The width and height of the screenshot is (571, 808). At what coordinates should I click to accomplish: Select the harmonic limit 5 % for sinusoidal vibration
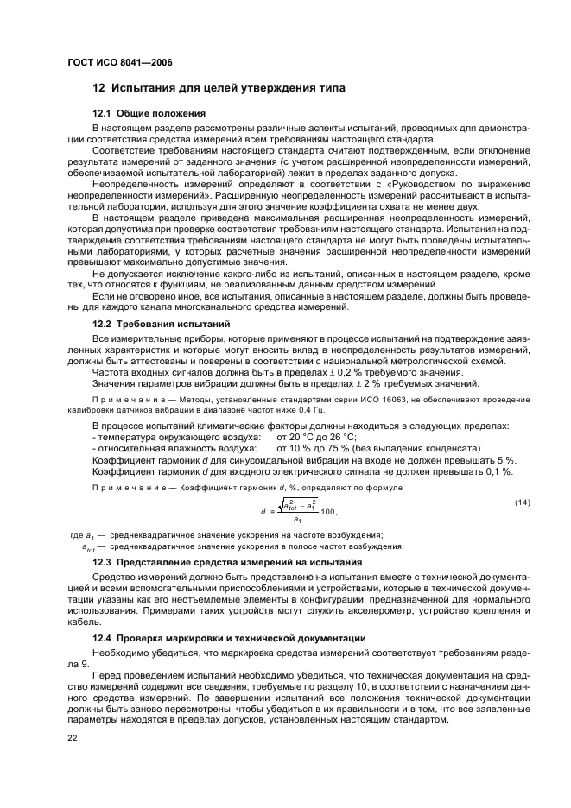coord(507,460)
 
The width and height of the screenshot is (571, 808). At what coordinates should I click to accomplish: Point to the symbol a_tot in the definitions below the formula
coord(89,546)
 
